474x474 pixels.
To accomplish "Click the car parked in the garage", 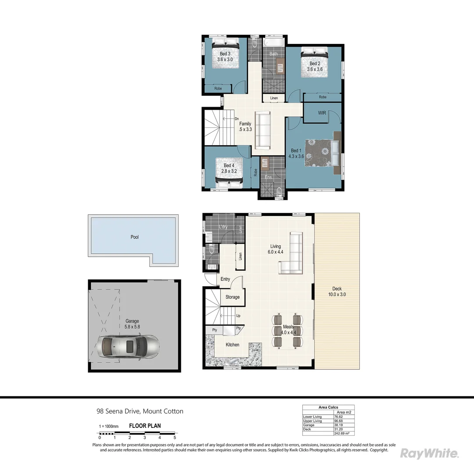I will point(127,347).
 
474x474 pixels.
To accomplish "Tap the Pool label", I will point(134,237).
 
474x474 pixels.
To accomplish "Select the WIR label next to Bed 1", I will point(322,113).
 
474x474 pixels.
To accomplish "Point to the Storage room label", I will point(232,297).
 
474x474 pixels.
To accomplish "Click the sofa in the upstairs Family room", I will point(263,130).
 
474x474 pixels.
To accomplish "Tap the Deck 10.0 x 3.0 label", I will point(337,291).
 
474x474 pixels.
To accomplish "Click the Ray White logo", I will point(429,453).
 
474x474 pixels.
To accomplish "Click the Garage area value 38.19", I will point(338,425).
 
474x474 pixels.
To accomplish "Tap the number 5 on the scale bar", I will point(175,438).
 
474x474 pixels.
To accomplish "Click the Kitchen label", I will point(232,345).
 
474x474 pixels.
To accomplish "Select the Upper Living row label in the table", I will point(312,421).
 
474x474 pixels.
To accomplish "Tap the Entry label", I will point(225,279).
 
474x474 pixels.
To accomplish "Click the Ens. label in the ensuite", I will point(269,177).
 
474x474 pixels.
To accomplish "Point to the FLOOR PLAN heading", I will point(144,426).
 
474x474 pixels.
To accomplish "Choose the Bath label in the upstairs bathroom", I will point(273,54).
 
